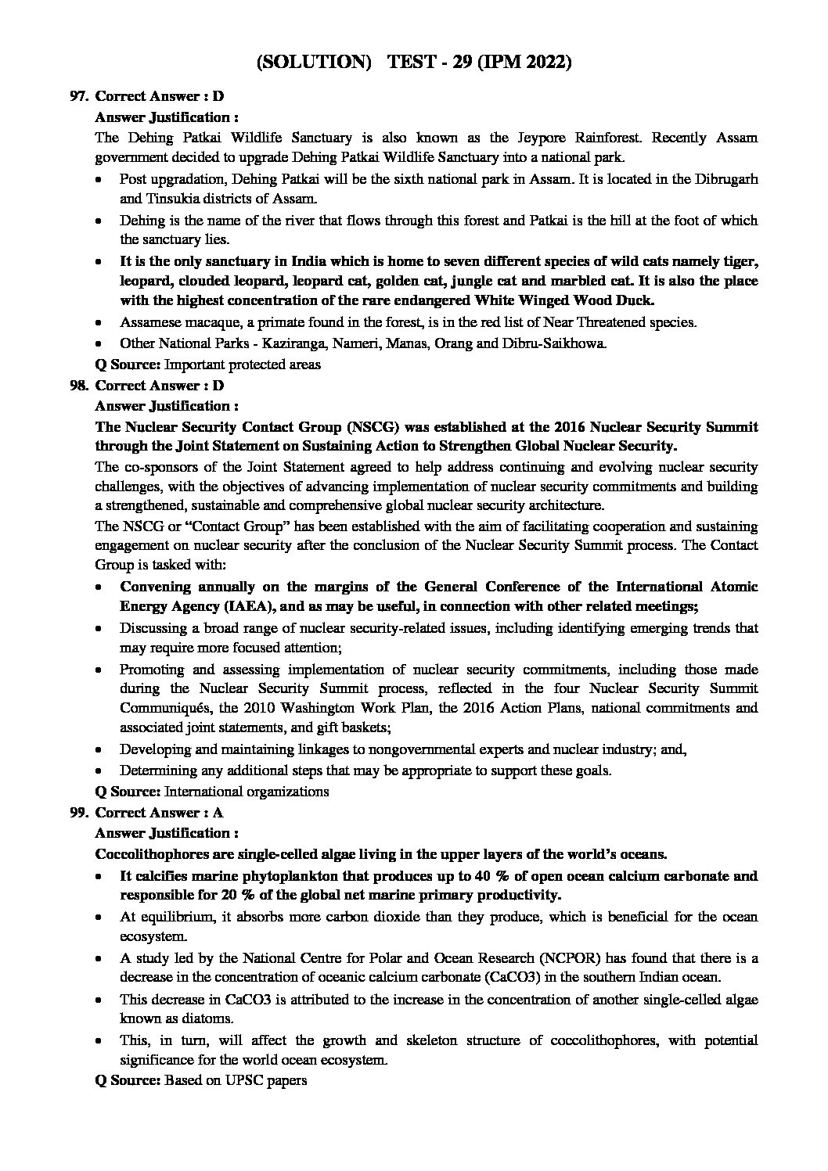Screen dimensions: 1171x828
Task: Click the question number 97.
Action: (x=77, y=96)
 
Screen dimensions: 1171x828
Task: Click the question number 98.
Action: (x=77, y=386)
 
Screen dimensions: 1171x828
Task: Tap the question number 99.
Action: (x=77, y=813)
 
